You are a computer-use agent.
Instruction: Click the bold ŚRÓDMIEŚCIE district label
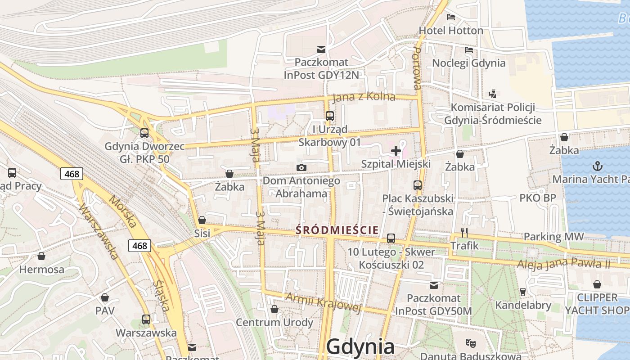click(x=337, y=230)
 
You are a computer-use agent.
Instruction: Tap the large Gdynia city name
click(x=360, y=347)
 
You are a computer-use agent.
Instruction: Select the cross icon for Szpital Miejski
click(x=396, y=151)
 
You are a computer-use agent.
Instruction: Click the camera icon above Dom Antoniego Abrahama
click(x=301, y=168)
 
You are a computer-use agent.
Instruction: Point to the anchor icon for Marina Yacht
click(x=598, y=166)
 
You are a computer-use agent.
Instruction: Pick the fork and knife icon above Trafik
click(x=465, y=233)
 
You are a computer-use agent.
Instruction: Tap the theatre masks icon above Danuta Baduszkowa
click(x=471, y=343)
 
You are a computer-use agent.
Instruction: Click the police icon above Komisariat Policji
click(x=493, y=94)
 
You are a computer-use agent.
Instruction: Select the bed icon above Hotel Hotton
click(x=451, y=18)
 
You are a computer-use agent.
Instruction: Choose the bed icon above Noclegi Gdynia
click(x=469, y=50)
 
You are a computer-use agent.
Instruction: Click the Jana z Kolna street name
click(x=364, y=97)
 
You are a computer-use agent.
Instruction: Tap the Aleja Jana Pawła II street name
click(x=563, y=263)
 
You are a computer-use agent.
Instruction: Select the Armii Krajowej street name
click(x=324, y=302)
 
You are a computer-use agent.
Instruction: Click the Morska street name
click(x=123, y=211)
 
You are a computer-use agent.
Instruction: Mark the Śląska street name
click(x=162, y=296)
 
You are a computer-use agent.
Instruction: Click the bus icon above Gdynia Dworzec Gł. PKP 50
click(x=144, y=133)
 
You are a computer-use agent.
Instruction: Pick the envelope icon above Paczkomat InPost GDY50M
click(x=434, y=285)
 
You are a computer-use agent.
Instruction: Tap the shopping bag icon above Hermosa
click(x=41, y=256)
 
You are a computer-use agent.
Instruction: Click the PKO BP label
click(x=538, y=198)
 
